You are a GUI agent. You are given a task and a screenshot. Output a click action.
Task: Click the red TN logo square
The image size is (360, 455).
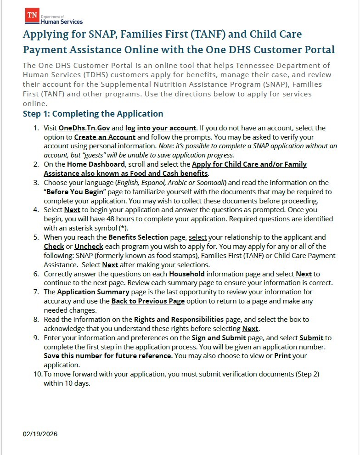32,15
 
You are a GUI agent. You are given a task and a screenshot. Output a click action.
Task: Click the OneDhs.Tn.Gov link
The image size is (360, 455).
84,128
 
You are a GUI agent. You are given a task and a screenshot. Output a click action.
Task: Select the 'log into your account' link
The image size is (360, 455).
161,128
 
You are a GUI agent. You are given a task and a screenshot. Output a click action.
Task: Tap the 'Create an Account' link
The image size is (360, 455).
105,137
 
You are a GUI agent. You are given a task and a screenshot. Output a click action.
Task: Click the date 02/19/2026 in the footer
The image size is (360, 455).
40,434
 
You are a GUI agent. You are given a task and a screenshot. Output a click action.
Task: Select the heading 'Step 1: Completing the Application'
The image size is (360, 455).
93,114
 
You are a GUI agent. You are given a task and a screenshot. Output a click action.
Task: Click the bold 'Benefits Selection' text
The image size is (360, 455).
138,237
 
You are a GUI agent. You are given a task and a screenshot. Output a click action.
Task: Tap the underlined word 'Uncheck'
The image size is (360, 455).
89,247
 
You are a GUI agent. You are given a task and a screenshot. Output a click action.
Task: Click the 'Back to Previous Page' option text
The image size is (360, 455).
148,301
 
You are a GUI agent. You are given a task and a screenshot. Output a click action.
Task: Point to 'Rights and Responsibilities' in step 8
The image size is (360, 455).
179,319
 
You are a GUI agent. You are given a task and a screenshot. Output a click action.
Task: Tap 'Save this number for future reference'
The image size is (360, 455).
108,356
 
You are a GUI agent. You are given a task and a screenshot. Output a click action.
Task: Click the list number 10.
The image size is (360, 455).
37,374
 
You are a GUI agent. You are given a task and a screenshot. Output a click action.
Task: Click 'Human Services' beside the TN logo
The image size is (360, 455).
62,22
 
